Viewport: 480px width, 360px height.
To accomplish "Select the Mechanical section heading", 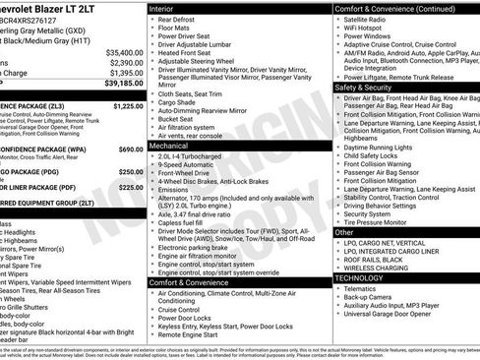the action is point(170,145).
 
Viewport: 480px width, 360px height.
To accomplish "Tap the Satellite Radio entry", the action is point(368,20).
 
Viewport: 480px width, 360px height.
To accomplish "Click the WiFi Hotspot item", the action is point(365,30).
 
